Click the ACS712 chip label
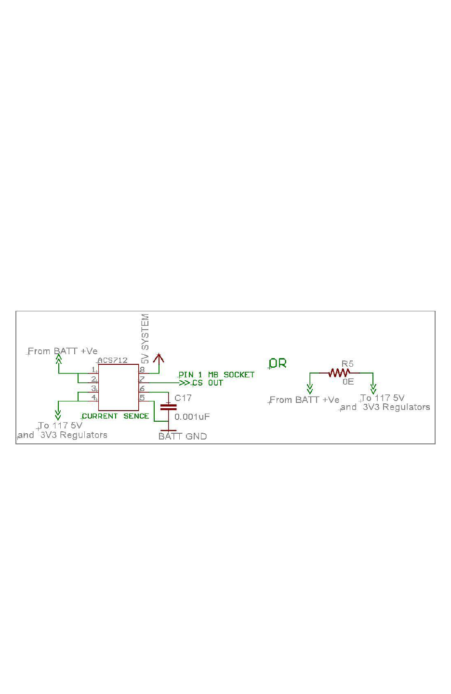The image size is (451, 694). point(113,360)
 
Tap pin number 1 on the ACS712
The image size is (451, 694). point(93,370)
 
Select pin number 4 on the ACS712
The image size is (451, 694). point(93,397)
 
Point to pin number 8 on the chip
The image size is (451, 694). point(142,370)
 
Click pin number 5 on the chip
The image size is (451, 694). point(142,398)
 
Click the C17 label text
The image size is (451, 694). point(183,398)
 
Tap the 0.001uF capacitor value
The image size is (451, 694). point(192,416)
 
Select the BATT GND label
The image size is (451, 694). point(183,436)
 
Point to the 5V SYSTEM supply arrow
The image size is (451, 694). point(159,358)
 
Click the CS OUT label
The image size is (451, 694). point(208,383)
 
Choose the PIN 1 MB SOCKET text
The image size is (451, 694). point(216,374)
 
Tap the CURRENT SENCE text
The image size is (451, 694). point(116,416)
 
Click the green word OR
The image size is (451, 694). point(278,363)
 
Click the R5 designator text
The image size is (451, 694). point(347,364)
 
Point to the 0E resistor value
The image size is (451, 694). point(348,382)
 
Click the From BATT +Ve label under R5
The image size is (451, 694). point(305,400)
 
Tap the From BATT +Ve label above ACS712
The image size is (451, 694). point(63,351)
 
